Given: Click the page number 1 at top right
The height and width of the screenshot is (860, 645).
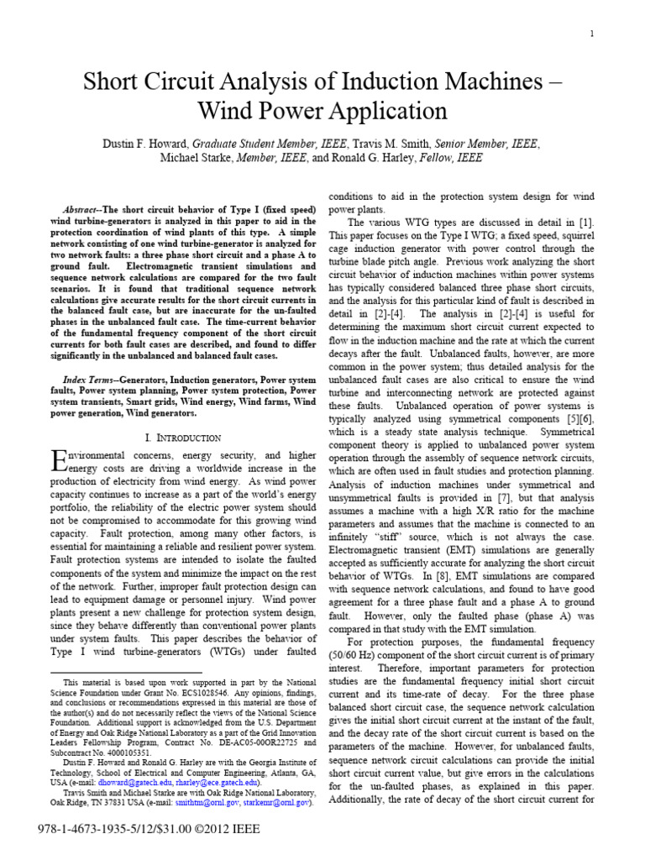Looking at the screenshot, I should coord(592,34).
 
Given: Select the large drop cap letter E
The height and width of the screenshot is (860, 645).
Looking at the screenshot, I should coord(58,460).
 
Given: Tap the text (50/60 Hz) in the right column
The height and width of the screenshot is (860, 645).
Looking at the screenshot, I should coord(354,654).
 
